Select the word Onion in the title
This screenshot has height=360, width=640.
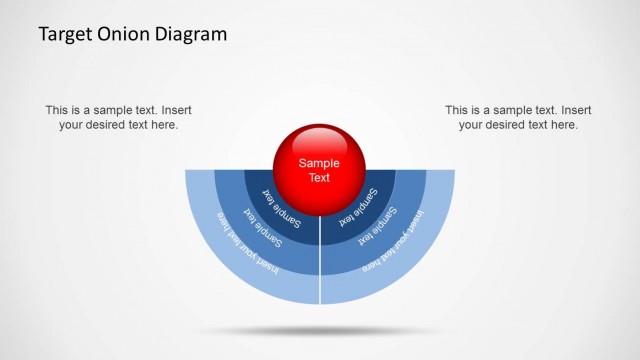click(x=120, y=34)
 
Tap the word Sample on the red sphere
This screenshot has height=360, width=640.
click(x=319, y=163)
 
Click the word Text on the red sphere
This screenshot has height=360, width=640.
click(x=319, y=177)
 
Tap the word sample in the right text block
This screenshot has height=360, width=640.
click(x=518, y=110)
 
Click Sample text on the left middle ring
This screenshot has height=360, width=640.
click(x=262, y=226)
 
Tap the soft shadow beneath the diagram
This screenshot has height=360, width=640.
click(x=320, y=330)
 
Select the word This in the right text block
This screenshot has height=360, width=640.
click(x=459, y=110)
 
